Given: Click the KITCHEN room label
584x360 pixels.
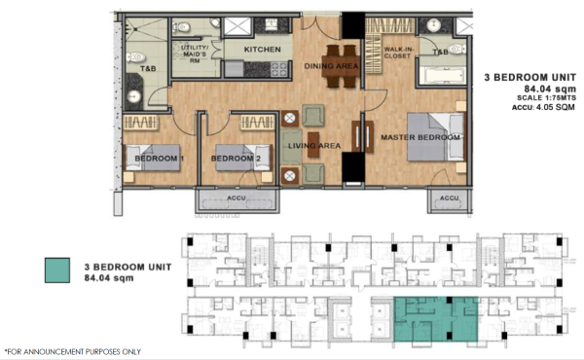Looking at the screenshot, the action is click(x=262, y=50).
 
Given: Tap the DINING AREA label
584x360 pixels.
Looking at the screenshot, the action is click(x=331, y=66).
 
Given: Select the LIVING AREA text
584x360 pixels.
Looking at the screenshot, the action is click(x=314, y=146).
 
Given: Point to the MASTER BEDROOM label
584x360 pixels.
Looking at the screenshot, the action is click(x=420, y=137).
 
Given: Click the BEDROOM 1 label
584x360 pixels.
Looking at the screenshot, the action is click(x=159, y=159).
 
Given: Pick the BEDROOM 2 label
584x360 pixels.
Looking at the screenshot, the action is click(x=236, y=159).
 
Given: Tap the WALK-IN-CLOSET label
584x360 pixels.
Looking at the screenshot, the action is click(x=397, y=53).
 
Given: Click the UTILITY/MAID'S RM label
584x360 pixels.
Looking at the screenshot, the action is click(x=195, y=54).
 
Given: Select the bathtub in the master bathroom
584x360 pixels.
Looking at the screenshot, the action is click(x=442, y=76).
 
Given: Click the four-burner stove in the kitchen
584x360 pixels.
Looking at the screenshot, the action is click(x=279, y=69).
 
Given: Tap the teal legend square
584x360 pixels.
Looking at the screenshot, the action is click(x=57, y=270).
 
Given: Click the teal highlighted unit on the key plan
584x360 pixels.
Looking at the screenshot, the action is click(x=435, y=319).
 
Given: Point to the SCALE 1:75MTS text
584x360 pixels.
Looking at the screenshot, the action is click(x=546, y=98).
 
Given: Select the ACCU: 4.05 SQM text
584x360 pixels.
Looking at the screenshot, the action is click(x=544, y=107).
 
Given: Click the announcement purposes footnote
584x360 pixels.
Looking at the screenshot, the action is click(x=73, y=351).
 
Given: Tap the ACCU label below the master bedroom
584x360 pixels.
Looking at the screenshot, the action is click(x=449, y=198).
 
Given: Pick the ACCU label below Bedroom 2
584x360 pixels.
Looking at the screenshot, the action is click(x=237, y=198).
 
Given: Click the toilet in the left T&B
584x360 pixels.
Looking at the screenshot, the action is click(x=135, y=57).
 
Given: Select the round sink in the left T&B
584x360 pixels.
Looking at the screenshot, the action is click(x=133, y=96).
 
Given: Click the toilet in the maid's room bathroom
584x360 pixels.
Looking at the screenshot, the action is click(x=183, y=27).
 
